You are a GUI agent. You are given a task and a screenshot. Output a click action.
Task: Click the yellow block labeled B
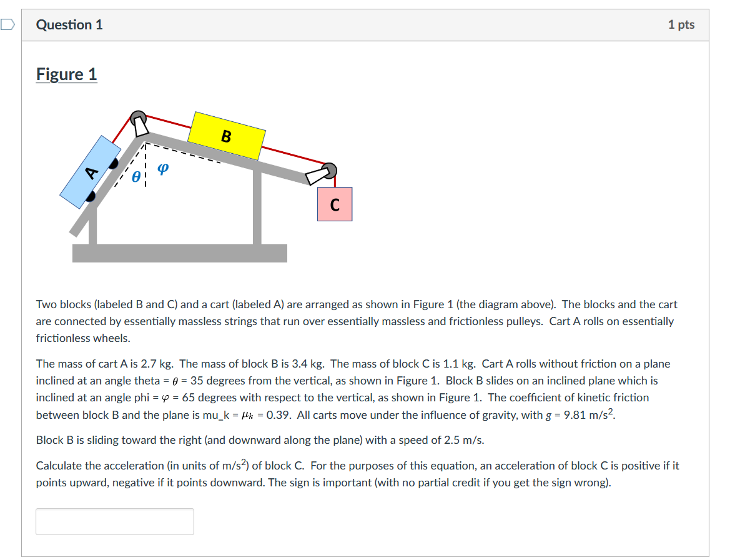(227, 136)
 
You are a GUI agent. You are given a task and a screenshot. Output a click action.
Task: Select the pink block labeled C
(335, 204)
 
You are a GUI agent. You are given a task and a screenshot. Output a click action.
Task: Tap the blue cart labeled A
(91, 172)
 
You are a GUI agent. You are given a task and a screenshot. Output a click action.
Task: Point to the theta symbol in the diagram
(136, 178)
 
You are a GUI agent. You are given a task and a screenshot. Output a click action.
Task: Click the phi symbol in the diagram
(162, 169)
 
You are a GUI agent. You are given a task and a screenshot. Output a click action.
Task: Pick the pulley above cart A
(138, 118)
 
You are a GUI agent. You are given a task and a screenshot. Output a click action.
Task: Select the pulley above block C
(330, 170)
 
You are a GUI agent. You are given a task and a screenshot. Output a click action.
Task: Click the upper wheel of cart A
(113, 164)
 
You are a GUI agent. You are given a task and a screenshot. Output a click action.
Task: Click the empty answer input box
(115, 521)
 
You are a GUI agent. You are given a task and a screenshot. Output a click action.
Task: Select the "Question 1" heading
(69, 25)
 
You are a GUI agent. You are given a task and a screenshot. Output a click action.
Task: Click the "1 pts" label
(681, 25)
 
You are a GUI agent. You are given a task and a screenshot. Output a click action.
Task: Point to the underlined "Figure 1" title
(67, 74)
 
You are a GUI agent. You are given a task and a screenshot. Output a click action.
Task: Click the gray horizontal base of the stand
(180, 253)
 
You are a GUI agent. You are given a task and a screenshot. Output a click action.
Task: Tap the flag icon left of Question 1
(7, 25)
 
